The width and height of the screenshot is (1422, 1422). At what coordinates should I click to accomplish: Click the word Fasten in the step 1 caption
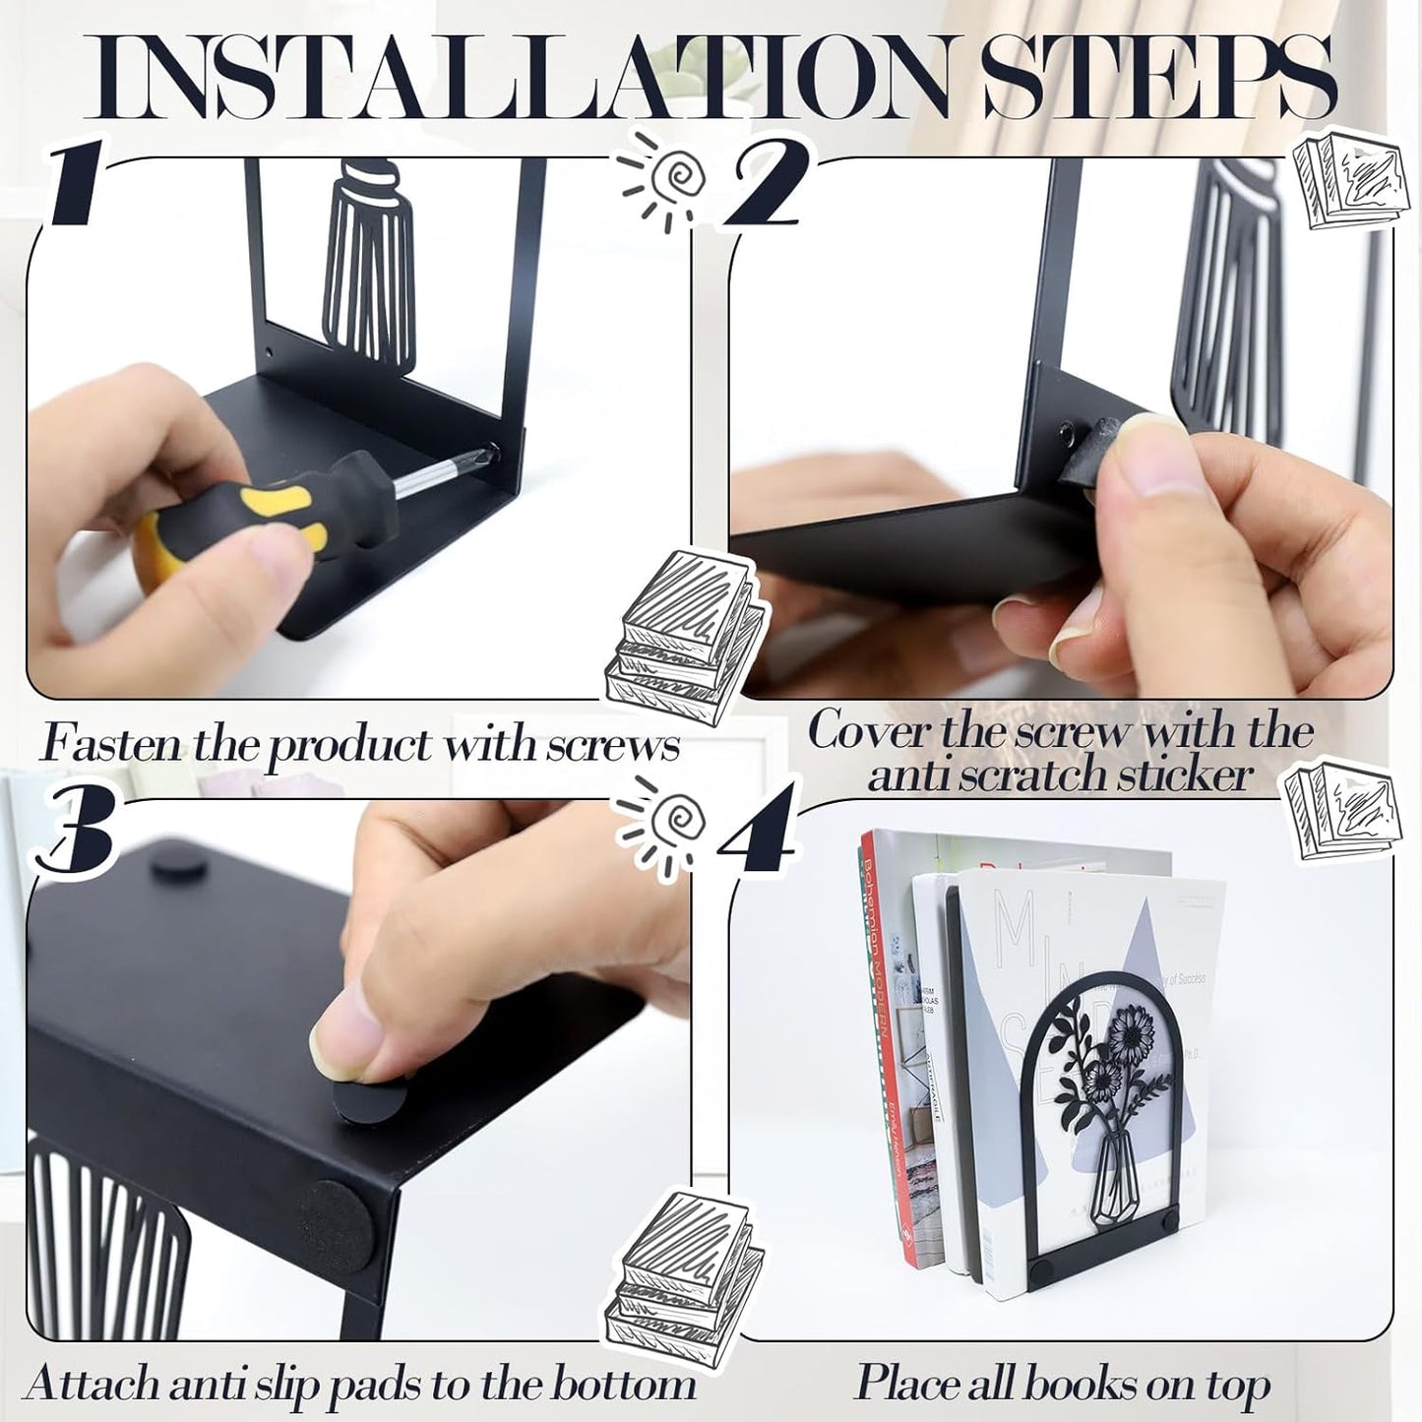pyautogui.click(x=111, y=744)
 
